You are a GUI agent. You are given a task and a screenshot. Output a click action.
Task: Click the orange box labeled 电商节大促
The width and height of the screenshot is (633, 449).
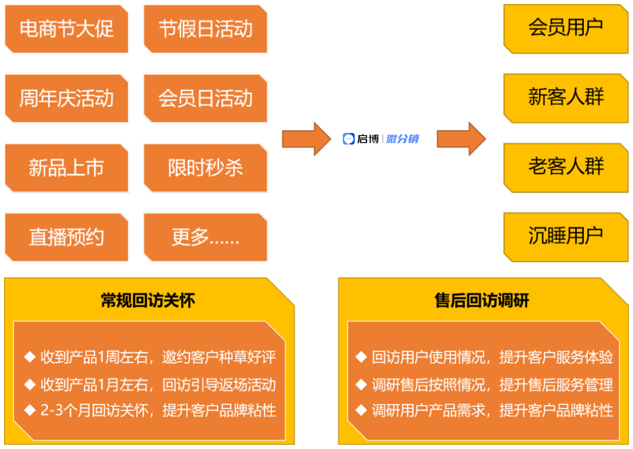point(66,29)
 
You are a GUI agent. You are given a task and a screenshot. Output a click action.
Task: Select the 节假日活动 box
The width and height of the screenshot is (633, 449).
point(205,29)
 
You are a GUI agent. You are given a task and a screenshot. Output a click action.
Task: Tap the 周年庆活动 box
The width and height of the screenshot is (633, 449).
point(66,98)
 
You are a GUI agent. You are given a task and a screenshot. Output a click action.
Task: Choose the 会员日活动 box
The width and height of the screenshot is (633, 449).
point(205,98)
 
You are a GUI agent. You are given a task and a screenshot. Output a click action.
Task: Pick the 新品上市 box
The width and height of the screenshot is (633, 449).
point(66,168)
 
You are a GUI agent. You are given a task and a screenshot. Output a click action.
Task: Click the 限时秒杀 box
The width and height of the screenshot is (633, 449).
point(205,168)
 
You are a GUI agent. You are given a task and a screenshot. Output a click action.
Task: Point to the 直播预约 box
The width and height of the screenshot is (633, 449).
point(66,237)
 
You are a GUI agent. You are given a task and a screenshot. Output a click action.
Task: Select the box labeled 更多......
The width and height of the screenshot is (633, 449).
point(205,237)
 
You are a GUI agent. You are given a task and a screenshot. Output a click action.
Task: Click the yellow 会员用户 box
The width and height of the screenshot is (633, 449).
point(566,28)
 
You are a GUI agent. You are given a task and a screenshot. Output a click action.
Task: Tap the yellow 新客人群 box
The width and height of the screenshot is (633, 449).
point(566,98)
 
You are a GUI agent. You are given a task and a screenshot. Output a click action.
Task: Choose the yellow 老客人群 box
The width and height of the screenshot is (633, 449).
point(566,167)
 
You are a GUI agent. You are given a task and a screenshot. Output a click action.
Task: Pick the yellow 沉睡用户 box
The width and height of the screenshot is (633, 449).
point(566,237)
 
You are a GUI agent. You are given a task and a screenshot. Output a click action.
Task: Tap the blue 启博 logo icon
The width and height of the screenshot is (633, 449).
point(349,139)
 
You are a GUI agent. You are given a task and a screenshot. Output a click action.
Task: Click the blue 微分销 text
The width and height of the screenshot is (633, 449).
point(403,139)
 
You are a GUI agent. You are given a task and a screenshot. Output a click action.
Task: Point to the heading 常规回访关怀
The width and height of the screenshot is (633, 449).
point(148,301)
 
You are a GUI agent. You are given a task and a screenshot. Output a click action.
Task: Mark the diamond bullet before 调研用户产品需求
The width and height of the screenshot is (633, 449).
point(361,410)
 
